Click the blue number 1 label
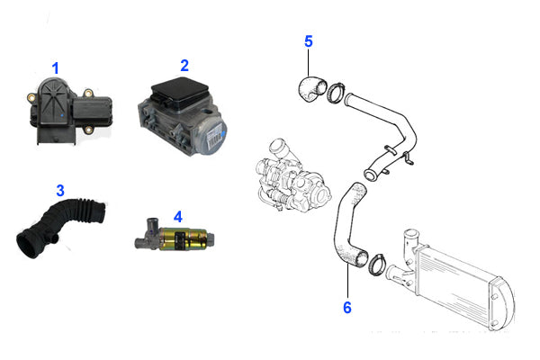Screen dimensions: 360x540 pos(55,67)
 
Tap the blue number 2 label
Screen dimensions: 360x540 pos(184,65)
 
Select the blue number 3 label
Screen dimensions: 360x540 pos(60,190)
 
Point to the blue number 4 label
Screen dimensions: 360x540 pos(177,217)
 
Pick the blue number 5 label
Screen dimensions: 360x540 pos(308,41)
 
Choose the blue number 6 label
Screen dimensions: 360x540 pos(346,308)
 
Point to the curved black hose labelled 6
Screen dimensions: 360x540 pos(346,225)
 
